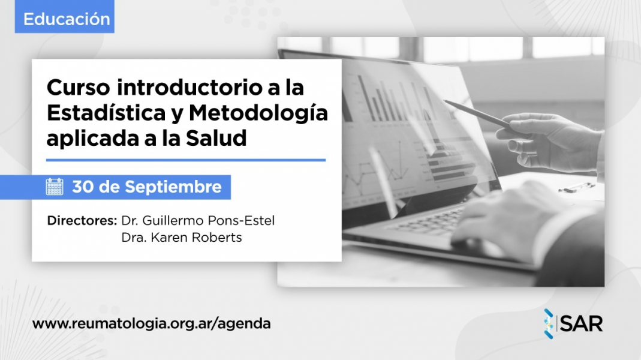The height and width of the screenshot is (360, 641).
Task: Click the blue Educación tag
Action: tap(65, 17)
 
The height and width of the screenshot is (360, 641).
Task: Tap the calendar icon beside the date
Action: tap(55, 187)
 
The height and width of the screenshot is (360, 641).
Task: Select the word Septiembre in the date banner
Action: tap(173, 187)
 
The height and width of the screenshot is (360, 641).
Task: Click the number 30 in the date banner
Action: tap(83, 187)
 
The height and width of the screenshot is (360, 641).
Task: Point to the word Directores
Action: tap(82, 221)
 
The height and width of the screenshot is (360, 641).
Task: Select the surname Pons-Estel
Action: tap(241, 221)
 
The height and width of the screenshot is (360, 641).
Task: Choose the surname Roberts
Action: tap(216, 237)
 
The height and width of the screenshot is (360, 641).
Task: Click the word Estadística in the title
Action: tap(106, 113)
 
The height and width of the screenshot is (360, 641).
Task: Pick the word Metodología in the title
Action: tap(258, 114)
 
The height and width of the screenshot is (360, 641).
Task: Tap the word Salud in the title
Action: tap(216, 138)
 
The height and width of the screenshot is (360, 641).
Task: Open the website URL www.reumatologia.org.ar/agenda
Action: tap(151, 323)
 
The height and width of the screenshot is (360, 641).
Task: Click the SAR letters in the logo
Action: tap(581, 324)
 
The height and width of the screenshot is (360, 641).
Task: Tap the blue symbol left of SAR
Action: tap(549, 323)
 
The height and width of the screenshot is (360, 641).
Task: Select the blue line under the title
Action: tap(186, 160)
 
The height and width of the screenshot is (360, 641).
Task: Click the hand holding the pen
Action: tap(552, 141)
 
